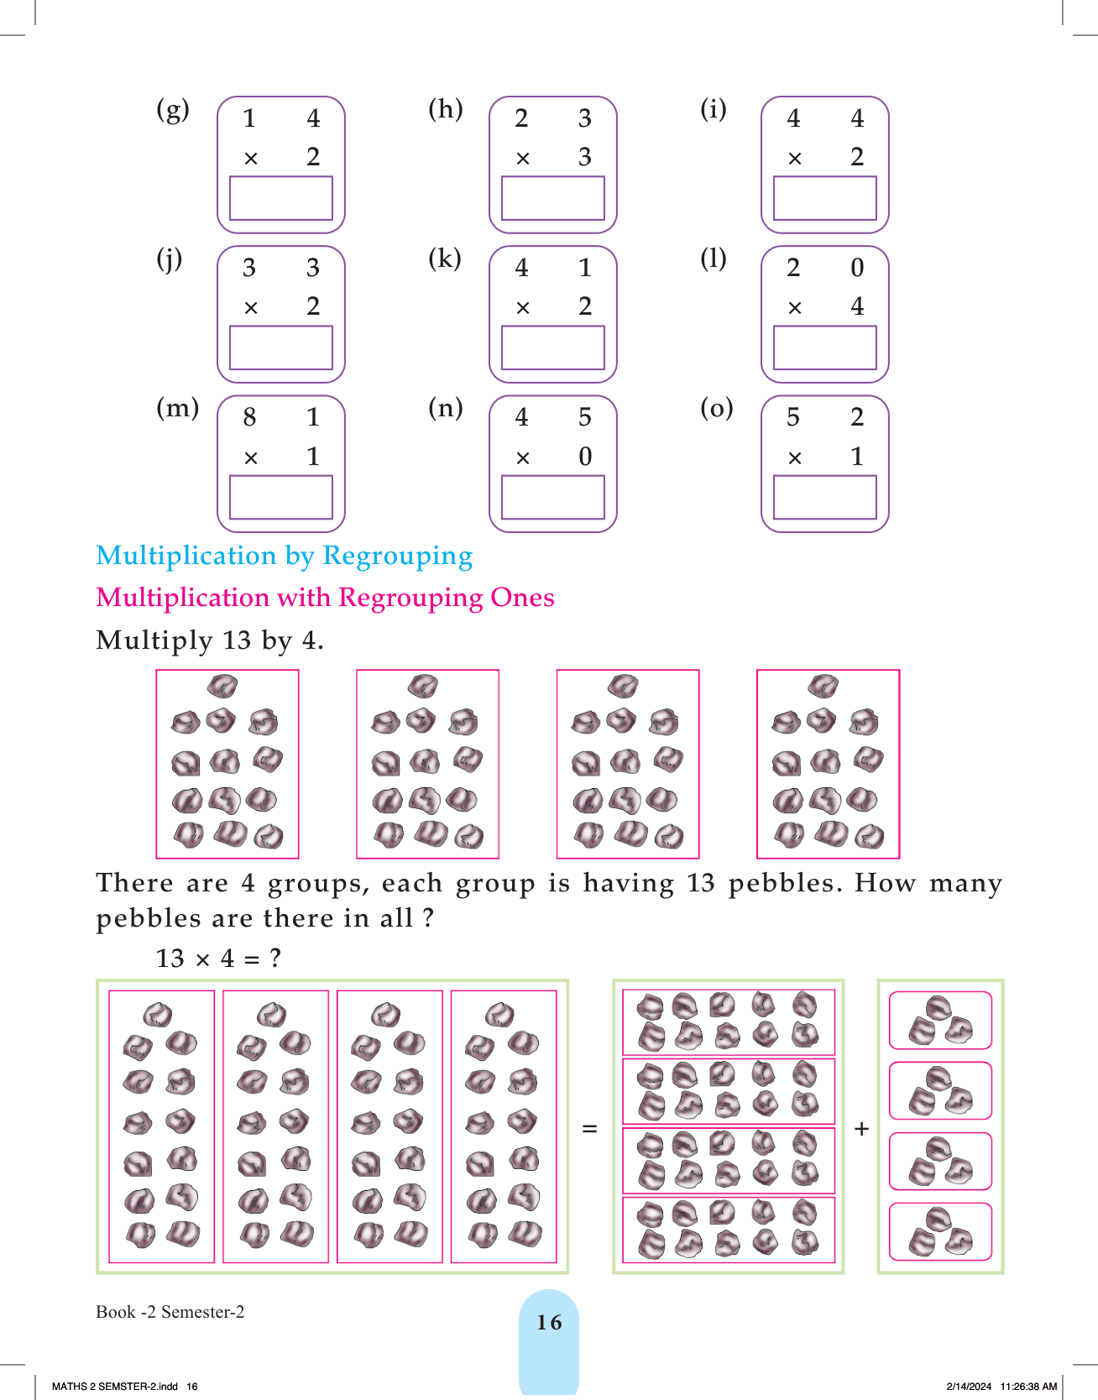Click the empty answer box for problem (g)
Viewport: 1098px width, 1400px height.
[x=280, y=198]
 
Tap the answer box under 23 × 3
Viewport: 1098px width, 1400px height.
[x=552, y=198]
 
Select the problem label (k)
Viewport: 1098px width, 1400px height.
[x=445, y=259]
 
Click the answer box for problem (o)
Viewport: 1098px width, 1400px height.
[x=824, y=498]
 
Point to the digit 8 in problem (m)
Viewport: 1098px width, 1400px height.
[x=249, y=417]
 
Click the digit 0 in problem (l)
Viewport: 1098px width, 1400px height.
[x=856, y=268]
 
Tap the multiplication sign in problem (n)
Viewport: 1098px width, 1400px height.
[x=522, y=458]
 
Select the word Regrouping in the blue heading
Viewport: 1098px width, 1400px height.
[x=397, y=556]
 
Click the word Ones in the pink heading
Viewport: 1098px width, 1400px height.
[x=522, y=598]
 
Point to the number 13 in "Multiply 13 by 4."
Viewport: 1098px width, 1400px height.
[x=237, y=640]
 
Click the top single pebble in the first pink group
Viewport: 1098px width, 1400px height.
[x=222, y=686]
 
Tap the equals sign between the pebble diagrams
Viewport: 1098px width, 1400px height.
[x=590, y=1129]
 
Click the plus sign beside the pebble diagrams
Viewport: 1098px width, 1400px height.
[x=860, y=1129]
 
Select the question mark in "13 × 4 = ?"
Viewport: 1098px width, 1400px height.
[x=275, y=959]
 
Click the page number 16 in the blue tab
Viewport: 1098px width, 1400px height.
[x=549, y=1323]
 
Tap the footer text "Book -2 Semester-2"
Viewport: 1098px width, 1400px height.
[x=170, y=1312]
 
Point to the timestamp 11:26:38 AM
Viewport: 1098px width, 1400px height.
[x=1028, y=1387]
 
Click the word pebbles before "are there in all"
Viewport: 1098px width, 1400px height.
[x=149, y=918]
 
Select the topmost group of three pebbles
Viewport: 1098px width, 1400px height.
[x=940, y=1020]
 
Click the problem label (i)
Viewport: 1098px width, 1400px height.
[x=714, y=109]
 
